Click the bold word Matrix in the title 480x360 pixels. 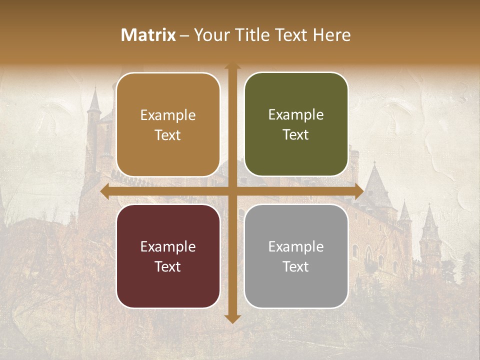[x=148, y=35]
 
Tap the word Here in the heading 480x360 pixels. [x=331, y=35]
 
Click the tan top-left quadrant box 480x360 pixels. [x=168, y=124]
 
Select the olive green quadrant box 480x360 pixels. [x=296, y=124]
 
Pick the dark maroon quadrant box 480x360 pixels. [x=168, y=256]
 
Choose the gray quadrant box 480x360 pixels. [x=296, y=256]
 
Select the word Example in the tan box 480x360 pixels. [x=168, y=115]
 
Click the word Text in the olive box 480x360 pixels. [x=296, y=135]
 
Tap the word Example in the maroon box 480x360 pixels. [x=168, y=246]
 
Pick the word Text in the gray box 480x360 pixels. [x=296, y=266]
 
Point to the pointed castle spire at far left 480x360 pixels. [x=93, y=100]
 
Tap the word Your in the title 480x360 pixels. [x=209, y=35]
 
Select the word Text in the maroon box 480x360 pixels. [x=168, y=266]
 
